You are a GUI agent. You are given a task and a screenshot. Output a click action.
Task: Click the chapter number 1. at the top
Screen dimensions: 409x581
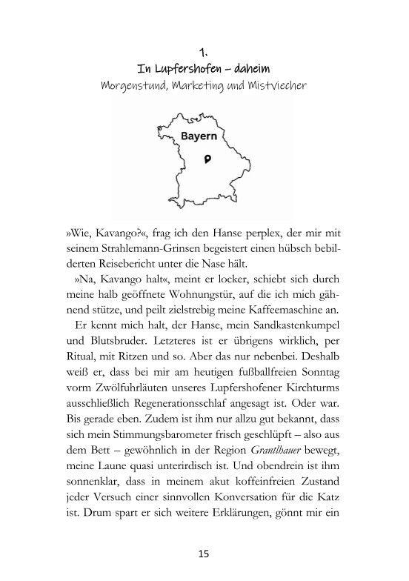(204, 53)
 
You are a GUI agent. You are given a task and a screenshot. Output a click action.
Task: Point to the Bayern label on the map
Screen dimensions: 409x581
(199, 137)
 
